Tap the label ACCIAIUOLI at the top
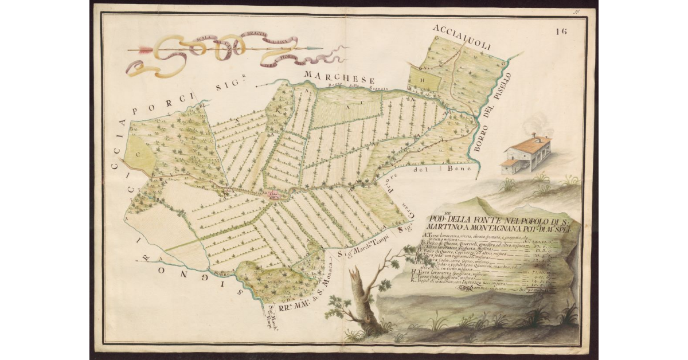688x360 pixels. pos(463,38)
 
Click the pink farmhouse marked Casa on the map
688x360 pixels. pos(273,196)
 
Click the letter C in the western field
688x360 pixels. pos(138,154)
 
